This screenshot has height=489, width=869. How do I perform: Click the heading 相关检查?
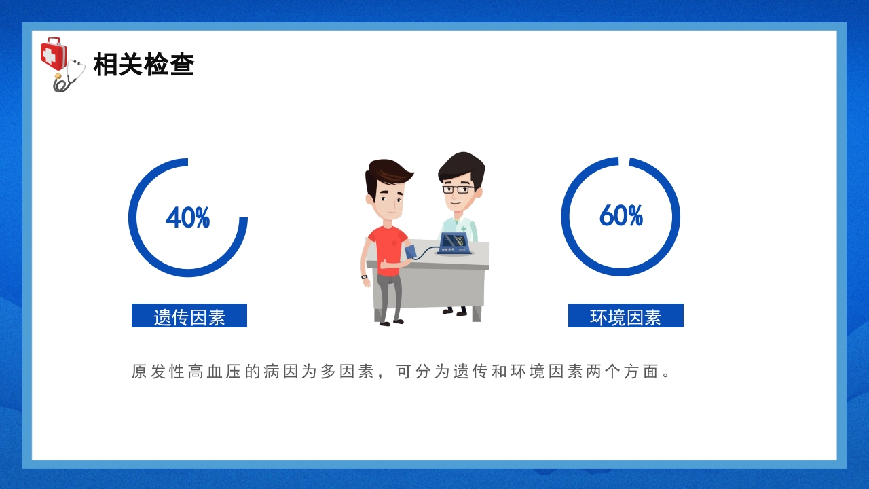point(144,65)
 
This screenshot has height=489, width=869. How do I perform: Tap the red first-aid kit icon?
point(53,53)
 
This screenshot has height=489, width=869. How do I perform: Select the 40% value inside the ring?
point(187,218)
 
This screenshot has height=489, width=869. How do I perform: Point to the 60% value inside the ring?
point(621,216)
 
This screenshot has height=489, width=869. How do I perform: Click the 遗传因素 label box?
point(189,316)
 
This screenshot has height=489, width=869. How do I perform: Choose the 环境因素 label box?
point(625,316)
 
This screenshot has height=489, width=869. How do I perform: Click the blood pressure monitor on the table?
point(455,243)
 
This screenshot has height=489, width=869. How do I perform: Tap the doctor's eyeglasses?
point(458,189)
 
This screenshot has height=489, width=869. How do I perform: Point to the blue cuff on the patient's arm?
point(411,252)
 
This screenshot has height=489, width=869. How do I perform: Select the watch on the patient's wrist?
point(365,277)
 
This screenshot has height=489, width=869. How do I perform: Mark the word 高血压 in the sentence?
point(215,372)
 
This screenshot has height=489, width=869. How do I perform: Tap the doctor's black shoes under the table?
point(455,312)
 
